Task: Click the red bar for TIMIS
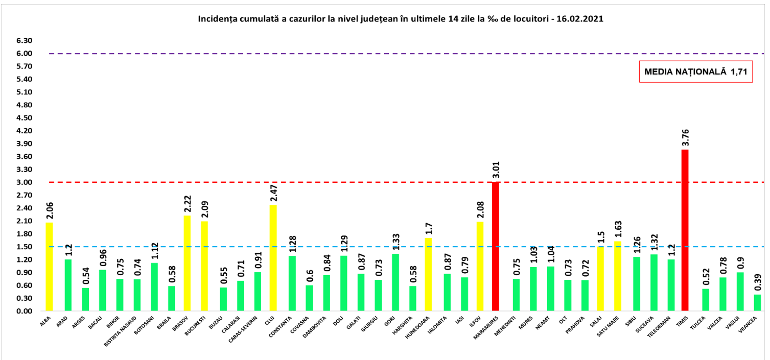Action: pos(685,230)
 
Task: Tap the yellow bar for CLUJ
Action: pos(273,258)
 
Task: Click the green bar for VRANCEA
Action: pos(757,302)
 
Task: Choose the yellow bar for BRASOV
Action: pos(187,263)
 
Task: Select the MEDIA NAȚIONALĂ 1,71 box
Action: pos(696,72)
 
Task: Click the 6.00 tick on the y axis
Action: pos(24,54)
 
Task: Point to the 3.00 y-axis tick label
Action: pos(24,182)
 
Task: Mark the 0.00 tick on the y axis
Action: pos(24,311)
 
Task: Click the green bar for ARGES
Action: pos(85,299)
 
